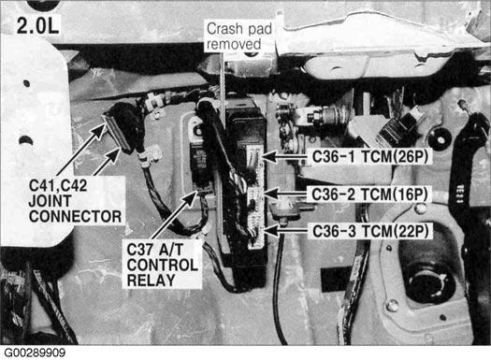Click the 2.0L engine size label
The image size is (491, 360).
[x=37, y=25]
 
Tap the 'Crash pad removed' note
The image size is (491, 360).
[x=238, y=36]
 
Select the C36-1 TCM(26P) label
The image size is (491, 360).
[x=370, y=156]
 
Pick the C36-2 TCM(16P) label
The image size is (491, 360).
[x=369, y=194]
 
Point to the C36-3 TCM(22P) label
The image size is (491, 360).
[x=370, y=231]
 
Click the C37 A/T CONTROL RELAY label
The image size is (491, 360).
[x=162, y=265]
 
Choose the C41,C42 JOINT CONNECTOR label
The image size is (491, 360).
[x=75, y=201]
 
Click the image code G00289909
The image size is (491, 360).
[x=35, y=353]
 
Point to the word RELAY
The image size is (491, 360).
[x=151, y=281]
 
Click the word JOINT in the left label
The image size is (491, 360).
[x=50, y=201]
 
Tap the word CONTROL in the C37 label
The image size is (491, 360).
[x=162, y=265]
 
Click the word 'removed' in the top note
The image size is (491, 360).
[x=234, y=44]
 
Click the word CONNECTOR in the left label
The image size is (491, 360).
[x=75, y=216]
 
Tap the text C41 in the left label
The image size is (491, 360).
[x=41, y=186]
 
